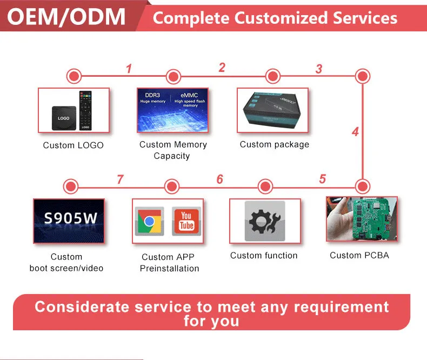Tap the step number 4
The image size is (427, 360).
[355, 131]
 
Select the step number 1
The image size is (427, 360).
[129, 69]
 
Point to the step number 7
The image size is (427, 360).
[121, 179]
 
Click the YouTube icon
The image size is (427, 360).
[186, 221]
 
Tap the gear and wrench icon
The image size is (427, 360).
[264, 221]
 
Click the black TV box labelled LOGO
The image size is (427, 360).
[63, 117]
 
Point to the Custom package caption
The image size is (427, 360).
[275, 144]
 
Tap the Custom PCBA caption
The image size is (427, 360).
[359, 255]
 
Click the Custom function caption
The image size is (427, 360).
[264, 255]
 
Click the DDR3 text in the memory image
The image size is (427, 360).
[153, 95]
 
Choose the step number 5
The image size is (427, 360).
[323, 179]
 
